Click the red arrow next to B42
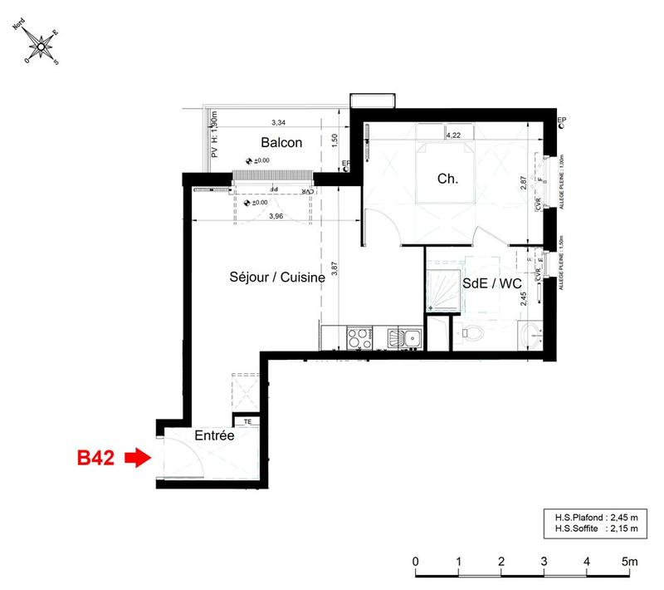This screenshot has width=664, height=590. tap(135, 457)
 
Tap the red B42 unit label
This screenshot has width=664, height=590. tap(95, 457)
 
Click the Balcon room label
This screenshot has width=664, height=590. tap(281, 142)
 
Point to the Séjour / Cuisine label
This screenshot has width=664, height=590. tap(276, 278)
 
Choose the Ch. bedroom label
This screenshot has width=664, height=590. tap(448, 179)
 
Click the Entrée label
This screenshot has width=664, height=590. tap(214, 435)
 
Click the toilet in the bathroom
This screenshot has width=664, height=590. tap(472, 334)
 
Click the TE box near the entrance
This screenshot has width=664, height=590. tap(247, 421)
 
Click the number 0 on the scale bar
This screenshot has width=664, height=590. tap(414, 562)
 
